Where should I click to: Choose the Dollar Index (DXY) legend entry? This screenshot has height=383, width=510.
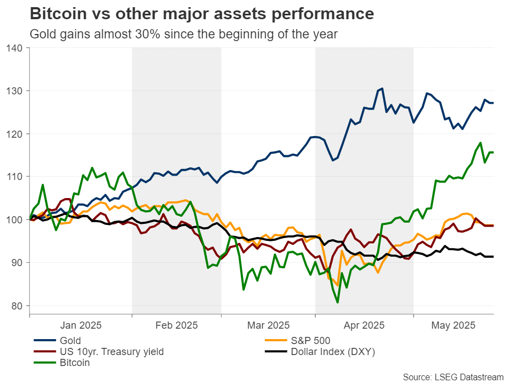(330, 351)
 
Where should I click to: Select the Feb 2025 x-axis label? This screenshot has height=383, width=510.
(176, 326)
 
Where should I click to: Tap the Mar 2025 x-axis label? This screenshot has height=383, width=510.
(268, 326)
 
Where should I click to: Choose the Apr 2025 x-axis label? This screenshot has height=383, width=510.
(364, 326)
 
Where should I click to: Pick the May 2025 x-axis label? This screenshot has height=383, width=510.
(454, 326)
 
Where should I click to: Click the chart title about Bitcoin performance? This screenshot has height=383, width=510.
(202, 13)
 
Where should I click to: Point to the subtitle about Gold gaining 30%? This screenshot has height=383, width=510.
(183, 34)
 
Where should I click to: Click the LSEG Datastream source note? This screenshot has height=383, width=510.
(453, 376)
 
